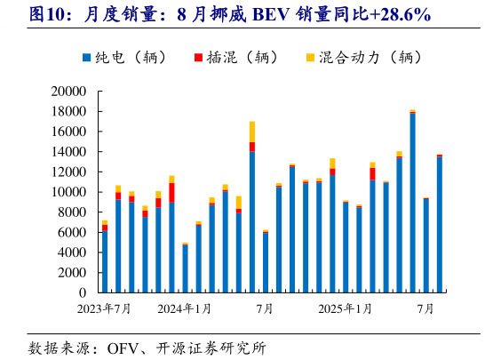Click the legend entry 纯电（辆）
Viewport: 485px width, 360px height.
[x=133, y=58]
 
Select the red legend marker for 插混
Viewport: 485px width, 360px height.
[x=197, y=58]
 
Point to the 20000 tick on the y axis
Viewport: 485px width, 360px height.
[x=68, y=92]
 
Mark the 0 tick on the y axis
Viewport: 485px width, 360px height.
[x=81, y=292]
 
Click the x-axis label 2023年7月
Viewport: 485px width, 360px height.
[x=104, y=308]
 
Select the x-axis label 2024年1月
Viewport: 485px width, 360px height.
[x=185, y=308]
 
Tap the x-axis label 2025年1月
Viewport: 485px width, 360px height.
[x=346, y=308]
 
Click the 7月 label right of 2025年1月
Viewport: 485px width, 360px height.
[x=425, y=308]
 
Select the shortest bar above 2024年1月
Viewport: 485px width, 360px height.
[x=185, y=268]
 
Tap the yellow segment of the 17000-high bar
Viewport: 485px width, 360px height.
[x=252, y=132]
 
